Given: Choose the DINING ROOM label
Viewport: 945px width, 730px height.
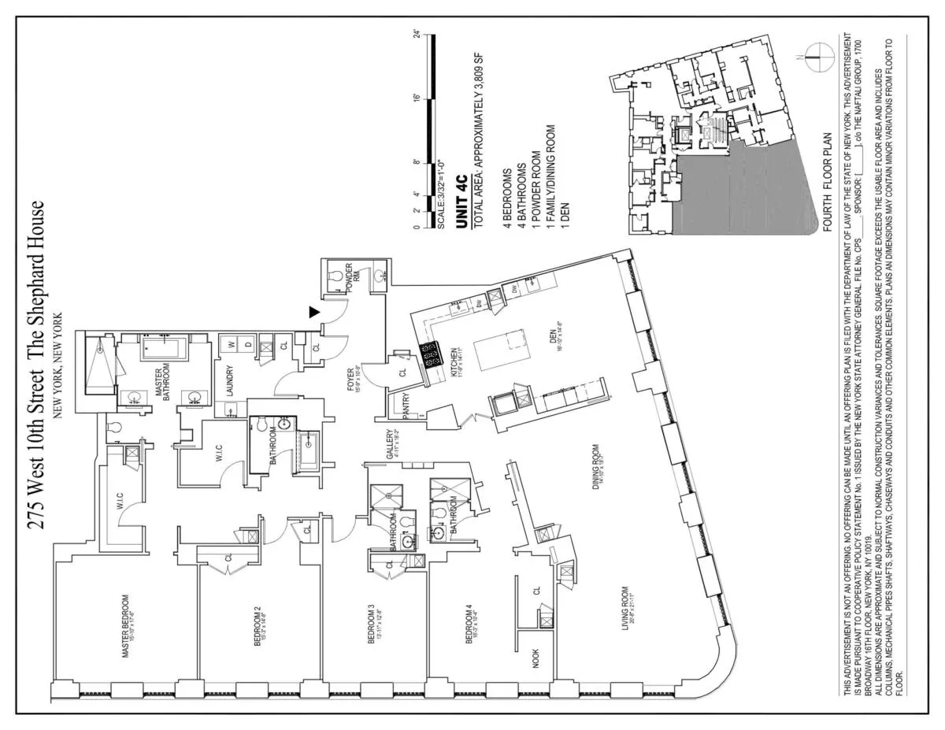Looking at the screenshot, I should point(598,492).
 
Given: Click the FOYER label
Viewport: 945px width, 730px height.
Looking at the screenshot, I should point(349,377).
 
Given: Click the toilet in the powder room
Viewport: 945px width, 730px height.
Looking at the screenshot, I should point(335,276).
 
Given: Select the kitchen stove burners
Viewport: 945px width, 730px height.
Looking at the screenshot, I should point(432,355).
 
